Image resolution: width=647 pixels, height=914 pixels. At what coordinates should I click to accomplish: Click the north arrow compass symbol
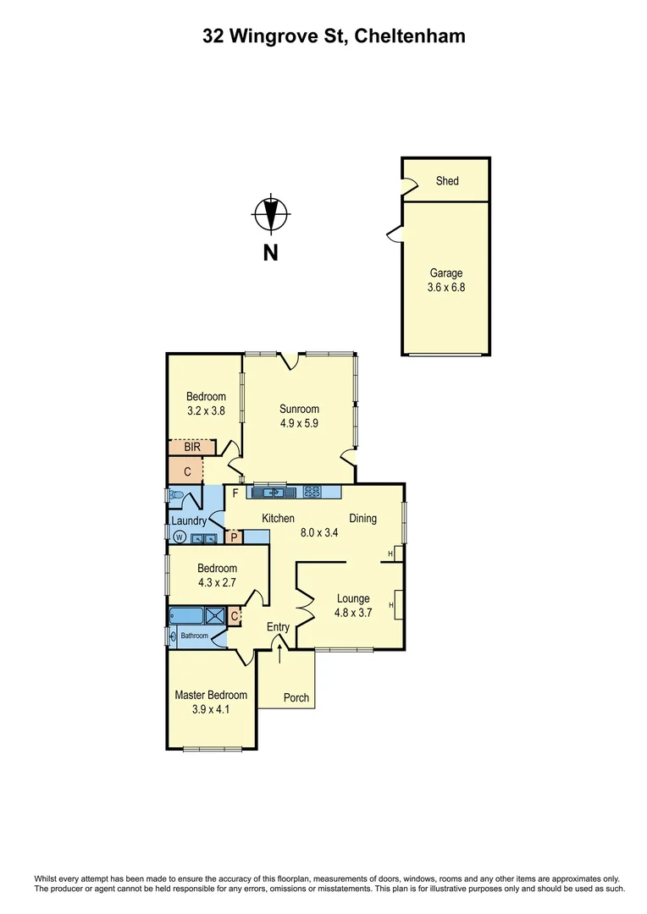pyautogui.click(x=270, y=213)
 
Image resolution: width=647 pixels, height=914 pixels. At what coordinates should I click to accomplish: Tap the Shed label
pyautogui.click(x=446, y=181)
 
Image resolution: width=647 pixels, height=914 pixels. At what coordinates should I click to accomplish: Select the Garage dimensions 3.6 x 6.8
pyautogui.click(x=446, y=288)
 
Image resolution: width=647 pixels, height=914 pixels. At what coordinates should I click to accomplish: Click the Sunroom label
pyautogui.click(x=299, y=410)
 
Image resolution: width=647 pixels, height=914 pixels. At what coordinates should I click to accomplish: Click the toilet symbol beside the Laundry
pyautogui.click(x=176, y=495)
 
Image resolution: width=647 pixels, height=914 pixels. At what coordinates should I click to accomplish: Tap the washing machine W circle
pyautogui.click(x=179, y=537)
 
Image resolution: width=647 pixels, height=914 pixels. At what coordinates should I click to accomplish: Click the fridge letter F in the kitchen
pyautogui.click(x=235, y=493)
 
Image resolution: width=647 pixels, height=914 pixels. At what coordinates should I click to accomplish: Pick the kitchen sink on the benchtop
pyautogui.click(x=270, y=491)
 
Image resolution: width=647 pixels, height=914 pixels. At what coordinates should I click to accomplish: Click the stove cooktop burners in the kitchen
pyautogui.click(x=312, y=491)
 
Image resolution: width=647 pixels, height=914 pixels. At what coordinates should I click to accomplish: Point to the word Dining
pyautogui.click(x=362, y=519)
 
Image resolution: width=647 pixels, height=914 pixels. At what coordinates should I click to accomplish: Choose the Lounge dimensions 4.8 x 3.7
pyautogui.click(x=354, y=614)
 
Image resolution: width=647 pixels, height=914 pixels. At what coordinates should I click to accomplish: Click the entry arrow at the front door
pyautogui.click(x=279, y=652)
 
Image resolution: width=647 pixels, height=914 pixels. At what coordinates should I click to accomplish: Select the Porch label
pyautogui.click(x=296, y=698)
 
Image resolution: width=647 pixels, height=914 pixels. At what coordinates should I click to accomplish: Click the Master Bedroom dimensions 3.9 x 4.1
pyautogui.click(x=211, y=709)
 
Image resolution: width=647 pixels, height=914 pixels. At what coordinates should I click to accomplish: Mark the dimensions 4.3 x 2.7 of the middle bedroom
pyautogui.click(x=217, y=582)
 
